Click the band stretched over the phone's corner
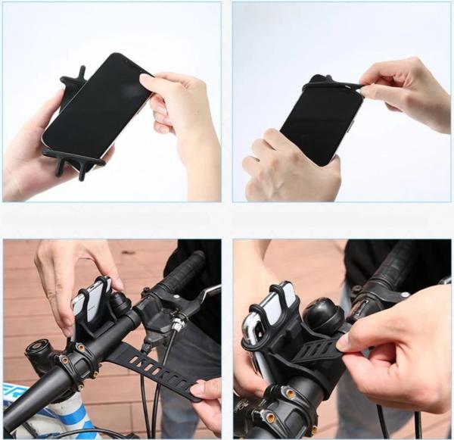click(x=333, y=85)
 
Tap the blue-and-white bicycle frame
click(x=38, y=413)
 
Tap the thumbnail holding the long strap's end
click(x=198, y=391)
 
